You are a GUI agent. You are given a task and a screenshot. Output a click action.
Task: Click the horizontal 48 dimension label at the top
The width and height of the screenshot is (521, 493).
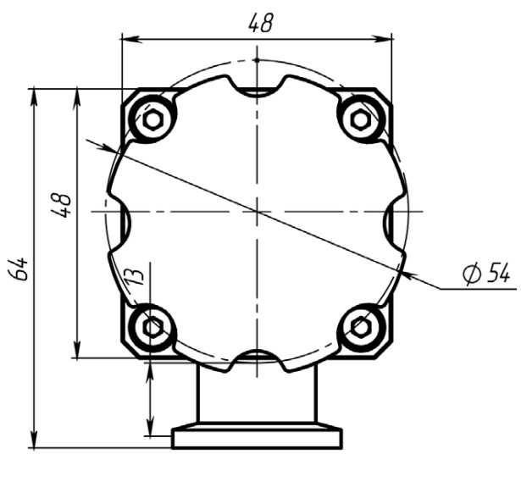[261, 23]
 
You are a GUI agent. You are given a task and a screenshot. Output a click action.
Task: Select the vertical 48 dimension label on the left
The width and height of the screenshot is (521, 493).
[62, 205]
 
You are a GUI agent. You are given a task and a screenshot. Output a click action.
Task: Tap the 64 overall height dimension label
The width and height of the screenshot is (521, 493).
[19, 269]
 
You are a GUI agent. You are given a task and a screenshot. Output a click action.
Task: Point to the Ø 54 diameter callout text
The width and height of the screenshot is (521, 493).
[485, 273]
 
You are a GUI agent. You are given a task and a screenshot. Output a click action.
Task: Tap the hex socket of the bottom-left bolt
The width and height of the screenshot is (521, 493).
[152, 328]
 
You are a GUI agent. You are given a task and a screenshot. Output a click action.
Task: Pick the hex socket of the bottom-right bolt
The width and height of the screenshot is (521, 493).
[360, 328]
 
